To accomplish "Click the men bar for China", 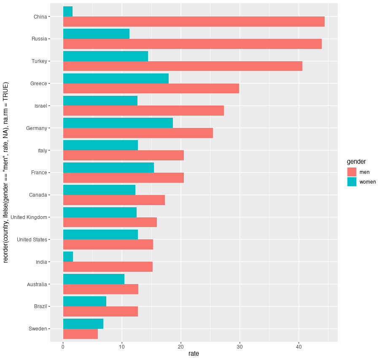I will (x=194, y=22).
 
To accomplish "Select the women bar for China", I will (x=67, y=12).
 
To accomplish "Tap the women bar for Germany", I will (x=118, y=123).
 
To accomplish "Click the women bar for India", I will (x=68, y=257).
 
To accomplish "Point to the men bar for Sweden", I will (x=80, y=334).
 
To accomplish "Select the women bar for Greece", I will (x=116, y=78).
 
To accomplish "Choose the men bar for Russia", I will (x=192, y=44).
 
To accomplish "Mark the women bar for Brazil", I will (x=84, y=301).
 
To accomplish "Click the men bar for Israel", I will (x=143, y=111).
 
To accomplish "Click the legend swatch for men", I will (x=352, y=172).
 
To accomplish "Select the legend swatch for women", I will (x=352, y=182).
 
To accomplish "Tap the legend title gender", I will (x=356, y=162).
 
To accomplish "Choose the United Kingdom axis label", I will (x=29, y=217).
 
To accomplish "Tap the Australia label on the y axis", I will (x=37, y=284).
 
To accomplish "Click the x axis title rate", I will (x=194, y=354).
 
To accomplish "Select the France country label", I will (x=39, y=173).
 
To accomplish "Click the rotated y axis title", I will (x=6, y=172).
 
